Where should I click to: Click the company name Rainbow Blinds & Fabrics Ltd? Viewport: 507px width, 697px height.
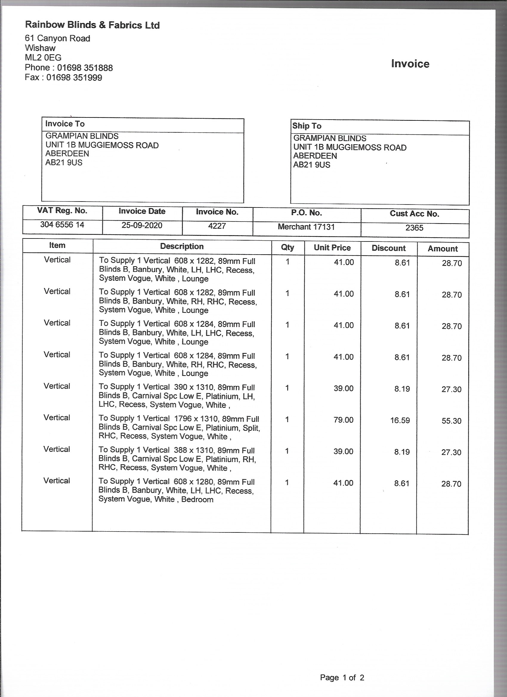tap(92, 25)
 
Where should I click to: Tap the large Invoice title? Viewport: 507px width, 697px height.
tap(410, 63)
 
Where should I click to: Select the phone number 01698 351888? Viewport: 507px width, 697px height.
tap(85, 68)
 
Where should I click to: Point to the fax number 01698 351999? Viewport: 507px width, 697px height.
tap(74, 78)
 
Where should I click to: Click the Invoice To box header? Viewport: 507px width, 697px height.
tap(65, 124)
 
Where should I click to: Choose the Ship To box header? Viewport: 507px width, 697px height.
tap(307, 126)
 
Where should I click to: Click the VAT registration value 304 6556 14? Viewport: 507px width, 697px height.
tap(62, 225)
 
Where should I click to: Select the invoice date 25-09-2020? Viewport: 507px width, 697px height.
tap(142, 225)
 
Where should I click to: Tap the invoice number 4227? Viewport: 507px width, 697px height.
tap(217, 226)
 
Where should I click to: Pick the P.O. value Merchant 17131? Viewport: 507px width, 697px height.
tap(306, 227)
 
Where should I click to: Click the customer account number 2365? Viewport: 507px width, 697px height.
tap(414, 228)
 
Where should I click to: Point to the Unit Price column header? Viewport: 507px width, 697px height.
tap(332, 248)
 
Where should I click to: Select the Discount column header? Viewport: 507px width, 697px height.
tap(388, 248)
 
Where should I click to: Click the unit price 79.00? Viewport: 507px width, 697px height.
tap(344, 420)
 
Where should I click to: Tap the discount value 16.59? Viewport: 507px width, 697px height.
tap(400, 420)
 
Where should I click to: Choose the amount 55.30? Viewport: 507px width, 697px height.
tap(451, 421)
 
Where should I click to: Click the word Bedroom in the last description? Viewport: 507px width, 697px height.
tap(197, 499)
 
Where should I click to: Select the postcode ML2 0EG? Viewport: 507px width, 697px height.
tap(43, 58)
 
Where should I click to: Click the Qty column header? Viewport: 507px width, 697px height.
tap(287, 247)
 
